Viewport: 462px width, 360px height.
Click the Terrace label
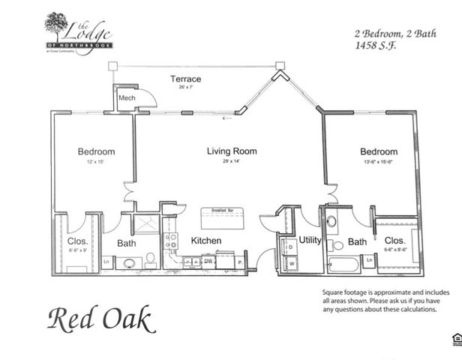185,79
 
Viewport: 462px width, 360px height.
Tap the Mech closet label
124,98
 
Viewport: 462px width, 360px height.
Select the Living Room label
232,151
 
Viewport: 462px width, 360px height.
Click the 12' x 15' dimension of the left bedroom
96,162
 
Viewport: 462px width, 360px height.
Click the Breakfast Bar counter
224,220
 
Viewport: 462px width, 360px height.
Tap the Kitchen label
205,240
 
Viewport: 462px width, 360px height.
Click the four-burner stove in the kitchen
171,241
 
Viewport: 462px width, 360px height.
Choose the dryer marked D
289,246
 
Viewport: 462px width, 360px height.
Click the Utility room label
310,240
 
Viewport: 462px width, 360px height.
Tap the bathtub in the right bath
343,264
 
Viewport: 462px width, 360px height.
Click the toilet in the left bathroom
150,259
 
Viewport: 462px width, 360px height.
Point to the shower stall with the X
146,223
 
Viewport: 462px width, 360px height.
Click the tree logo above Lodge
56,25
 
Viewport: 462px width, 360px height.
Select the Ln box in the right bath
370,261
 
